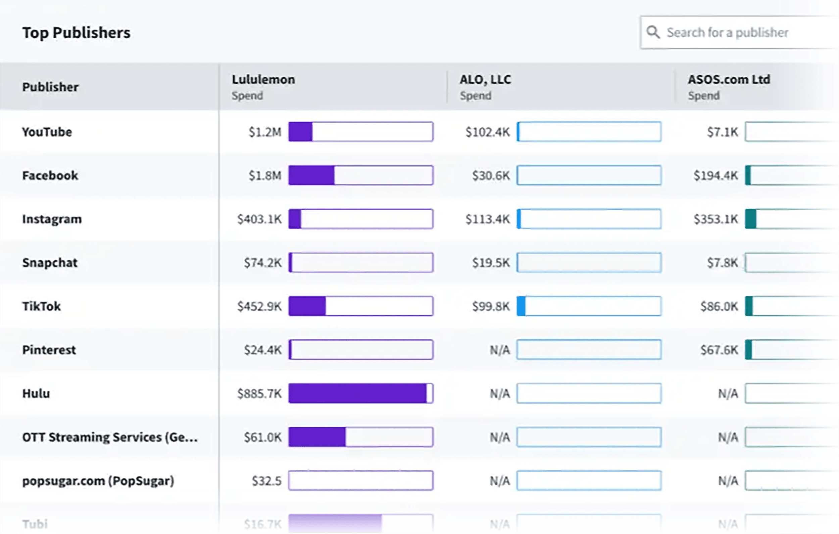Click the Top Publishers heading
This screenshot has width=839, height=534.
76,33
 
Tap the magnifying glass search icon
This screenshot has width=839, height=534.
653,33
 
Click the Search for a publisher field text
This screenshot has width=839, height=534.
727,33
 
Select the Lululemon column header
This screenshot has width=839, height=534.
263,80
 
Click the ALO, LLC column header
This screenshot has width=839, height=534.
485,80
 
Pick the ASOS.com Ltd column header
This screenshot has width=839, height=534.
729,80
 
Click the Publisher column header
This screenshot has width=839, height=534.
51,87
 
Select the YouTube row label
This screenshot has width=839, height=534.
47,132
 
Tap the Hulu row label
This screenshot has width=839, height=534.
36,394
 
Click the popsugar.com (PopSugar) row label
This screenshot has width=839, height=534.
98,481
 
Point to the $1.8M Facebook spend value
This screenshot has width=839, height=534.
265,175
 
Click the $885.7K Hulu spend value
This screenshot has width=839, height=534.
259,394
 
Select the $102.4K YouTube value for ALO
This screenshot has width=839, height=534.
487,132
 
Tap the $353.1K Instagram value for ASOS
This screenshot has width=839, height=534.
715,219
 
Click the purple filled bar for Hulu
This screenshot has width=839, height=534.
357,394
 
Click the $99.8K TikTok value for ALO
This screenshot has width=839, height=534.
491,306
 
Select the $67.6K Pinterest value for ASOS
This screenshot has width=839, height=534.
719,350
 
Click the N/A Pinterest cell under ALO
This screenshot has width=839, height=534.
500,350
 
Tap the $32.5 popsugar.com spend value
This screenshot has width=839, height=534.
266,481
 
